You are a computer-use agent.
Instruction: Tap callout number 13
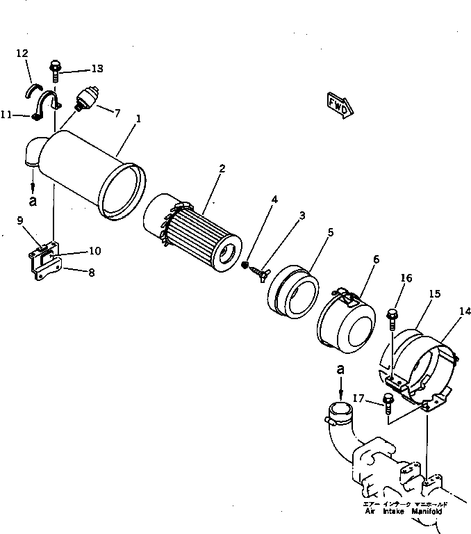[96, 68]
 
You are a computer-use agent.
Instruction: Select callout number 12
[22, 53]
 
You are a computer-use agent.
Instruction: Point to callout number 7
[116, 113]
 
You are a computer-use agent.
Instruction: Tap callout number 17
[358, 398]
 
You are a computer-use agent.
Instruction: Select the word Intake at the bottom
[395, 510]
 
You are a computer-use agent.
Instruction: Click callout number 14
[463, 313]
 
